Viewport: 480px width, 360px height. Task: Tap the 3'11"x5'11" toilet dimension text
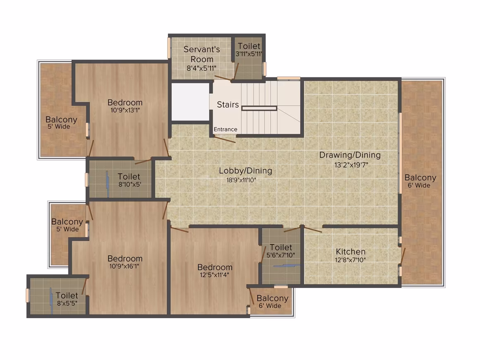249,54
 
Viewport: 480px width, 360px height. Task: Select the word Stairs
228,105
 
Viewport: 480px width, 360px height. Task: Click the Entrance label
225,129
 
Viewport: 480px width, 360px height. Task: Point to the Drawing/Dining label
350,155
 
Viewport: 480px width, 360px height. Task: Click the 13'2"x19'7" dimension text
351,165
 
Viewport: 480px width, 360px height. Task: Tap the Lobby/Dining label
245,170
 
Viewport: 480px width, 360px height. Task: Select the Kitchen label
350,252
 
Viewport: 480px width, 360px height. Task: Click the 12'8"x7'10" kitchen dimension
350,260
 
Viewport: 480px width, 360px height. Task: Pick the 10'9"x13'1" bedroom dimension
125,110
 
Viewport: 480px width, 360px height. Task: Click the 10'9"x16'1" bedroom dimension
124,266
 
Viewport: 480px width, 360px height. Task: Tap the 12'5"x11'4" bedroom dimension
214,275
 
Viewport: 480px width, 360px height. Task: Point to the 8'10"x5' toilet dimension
130,185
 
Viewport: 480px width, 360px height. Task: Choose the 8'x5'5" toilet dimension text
67,303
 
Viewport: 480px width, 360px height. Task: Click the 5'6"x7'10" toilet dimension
281,255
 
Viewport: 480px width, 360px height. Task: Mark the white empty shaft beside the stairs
190,102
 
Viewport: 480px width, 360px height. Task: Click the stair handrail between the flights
259,108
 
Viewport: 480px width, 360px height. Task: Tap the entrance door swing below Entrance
225,139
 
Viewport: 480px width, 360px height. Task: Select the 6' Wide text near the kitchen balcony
419,185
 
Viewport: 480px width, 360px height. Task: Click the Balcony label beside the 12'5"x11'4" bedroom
272,298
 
